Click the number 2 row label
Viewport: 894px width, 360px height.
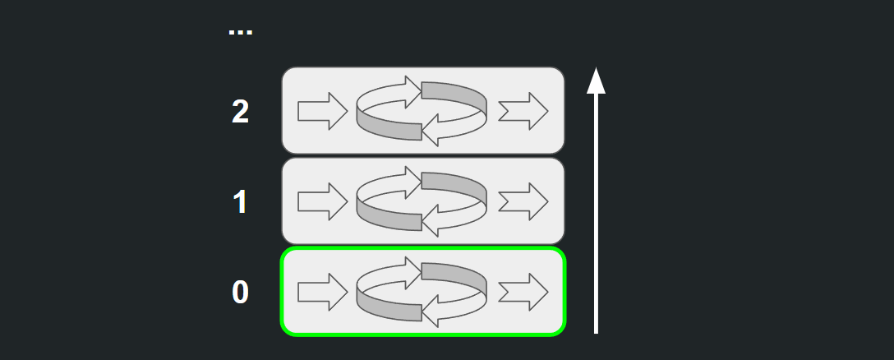coord(240,112)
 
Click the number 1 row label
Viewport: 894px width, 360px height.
coord(240,202)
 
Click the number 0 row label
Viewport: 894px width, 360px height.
coord(240,292)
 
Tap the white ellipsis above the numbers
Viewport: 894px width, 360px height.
coord(240,32)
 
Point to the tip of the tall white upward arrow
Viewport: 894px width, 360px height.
coord(596,68)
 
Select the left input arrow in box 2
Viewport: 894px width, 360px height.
coord(323,111)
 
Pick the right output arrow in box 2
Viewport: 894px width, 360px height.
coord(523,111)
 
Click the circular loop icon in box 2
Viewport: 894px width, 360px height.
coord(422,111)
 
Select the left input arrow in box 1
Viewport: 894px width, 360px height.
coord(323,201)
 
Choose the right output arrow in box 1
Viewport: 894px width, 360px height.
coord(523,201)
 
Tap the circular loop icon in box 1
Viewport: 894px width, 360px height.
coord(422,201)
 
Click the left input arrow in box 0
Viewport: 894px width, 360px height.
coord(323,292)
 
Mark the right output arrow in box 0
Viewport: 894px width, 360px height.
coord(523,292)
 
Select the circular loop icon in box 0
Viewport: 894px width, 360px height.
coord(422,292)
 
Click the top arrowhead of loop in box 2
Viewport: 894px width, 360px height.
coord(412,91)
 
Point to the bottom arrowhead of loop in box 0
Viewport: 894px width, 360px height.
coord(431,312)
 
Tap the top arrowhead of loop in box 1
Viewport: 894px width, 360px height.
coord(412,182)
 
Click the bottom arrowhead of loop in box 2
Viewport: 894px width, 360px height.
coord(431,131)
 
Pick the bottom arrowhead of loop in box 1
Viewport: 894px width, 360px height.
coord(431,221)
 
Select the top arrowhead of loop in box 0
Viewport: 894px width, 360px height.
coord(412,272)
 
